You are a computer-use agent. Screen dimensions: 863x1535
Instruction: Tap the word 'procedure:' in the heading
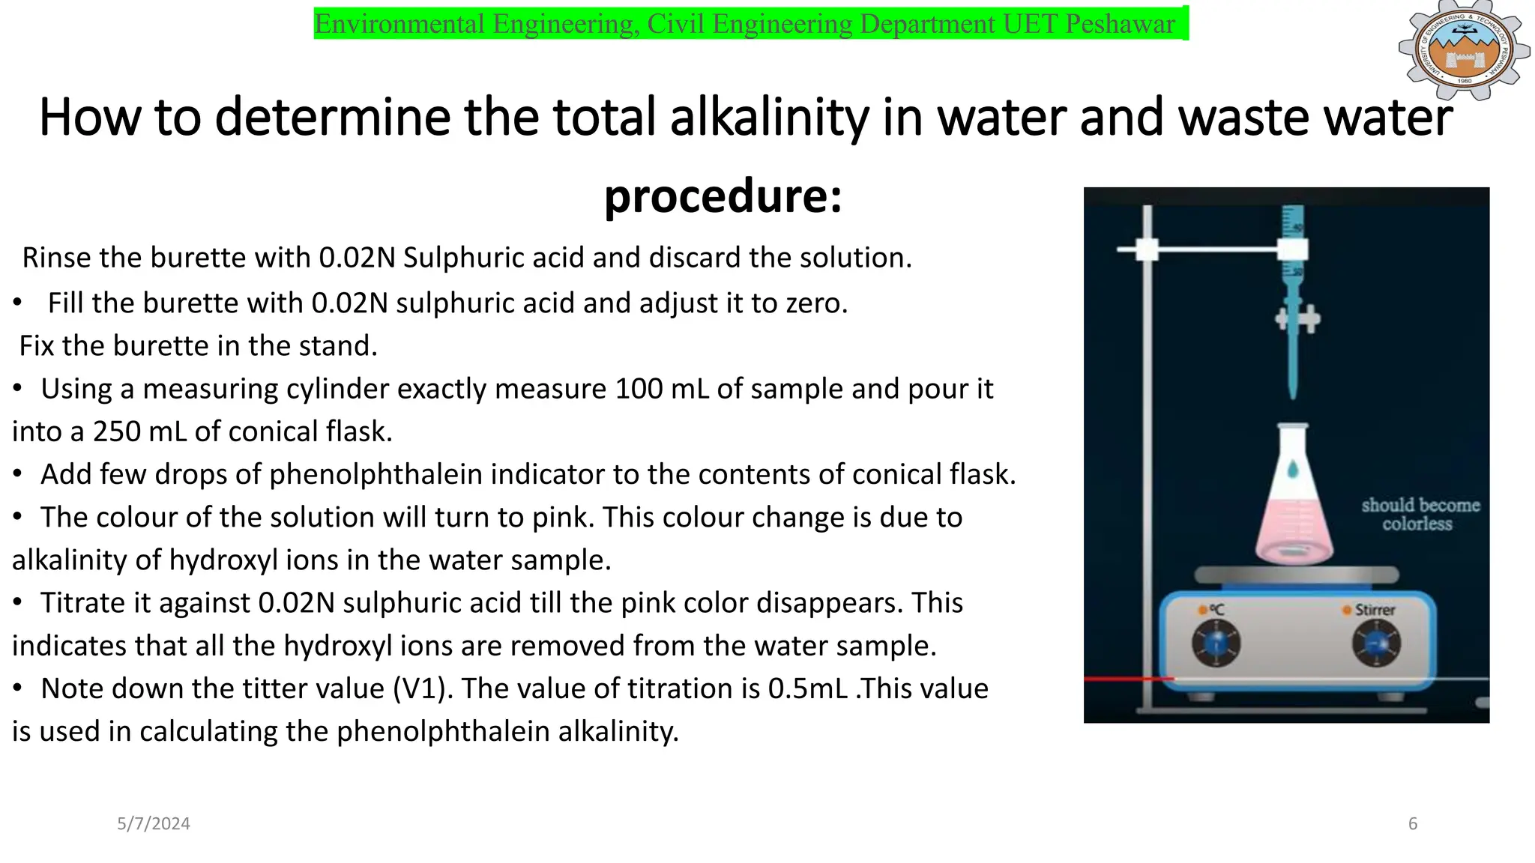click(723, 196)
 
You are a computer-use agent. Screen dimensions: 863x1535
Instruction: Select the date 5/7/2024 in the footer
click(154, 824)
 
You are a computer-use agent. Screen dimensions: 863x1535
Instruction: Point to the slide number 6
click(1413, 824)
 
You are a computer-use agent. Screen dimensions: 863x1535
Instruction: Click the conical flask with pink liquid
click(1294, 502)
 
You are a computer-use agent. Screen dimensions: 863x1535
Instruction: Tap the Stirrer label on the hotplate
click(1375, 610)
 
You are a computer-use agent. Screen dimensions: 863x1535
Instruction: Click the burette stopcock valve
click(1297, 318)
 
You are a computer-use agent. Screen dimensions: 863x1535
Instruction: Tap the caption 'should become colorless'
click(1420, 514)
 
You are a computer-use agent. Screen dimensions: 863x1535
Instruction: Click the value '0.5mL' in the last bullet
click(809, 688)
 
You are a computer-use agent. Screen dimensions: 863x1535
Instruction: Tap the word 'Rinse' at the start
click(57, 258)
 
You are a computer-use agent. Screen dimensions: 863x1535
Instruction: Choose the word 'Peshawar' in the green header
click(1120, 24)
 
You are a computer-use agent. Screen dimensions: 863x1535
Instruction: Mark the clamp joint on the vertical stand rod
click(1147, 249)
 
